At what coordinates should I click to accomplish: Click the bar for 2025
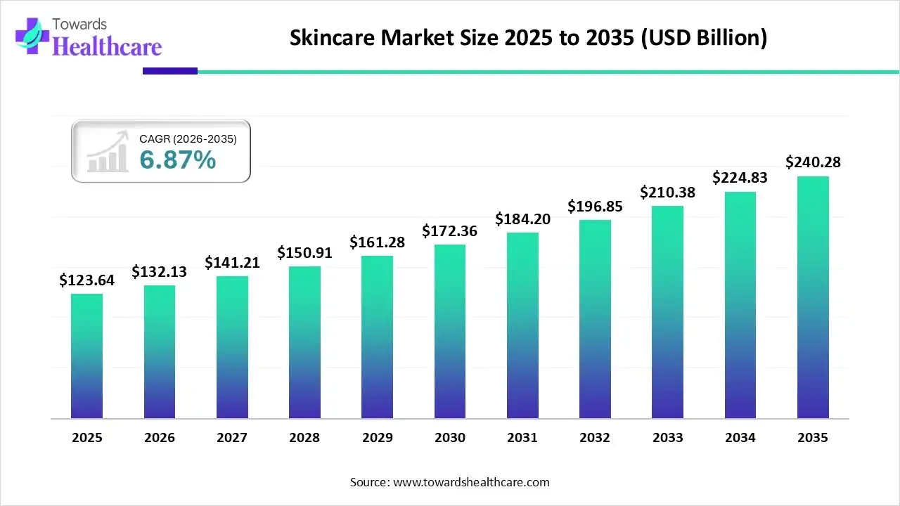coord(86,356)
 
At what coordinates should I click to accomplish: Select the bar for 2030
coord(450,331)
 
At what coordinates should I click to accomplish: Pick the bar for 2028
coord(304,342)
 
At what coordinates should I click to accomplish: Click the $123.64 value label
coord(86,280)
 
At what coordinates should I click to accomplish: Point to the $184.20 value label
coord(522,219)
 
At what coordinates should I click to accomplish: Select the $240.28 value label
coord(813,162)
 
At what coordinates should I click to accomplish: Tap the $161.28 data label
coord(378,242)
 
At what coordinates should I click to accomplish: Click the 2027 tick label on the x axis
coord(232,438)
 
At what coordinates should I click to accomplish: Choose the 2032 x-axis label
coord(595,438)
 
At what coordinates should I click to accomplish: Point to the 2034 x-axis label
coord(740,438)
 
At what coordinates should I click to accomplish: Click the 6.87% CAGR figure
coord(178,160)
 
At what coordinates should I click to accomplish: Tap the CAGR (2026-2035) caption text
coord(188,139)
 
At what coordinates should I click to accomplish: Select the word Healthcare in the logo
coord(107,46)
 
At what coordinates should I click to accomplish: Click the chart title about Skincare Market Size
coord(528,38)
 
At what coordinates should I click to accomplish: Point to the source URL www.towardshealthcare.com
coord(470,482)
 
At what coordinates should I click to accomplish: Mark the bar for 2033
coord(667,312)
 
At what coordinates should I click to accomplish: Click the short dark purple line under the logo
coord(170,71)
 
